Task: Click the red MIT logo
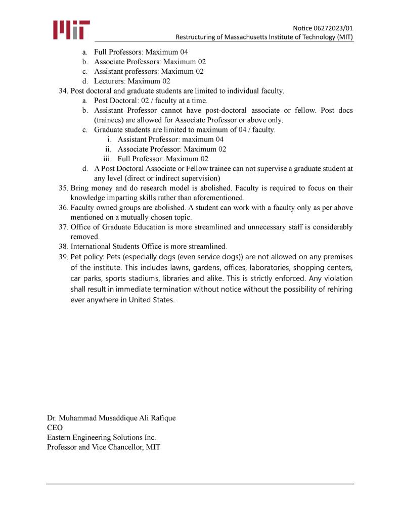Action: point(71,30)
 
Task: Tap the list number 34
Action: point(63,91)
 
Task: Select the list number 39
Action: point(63,257)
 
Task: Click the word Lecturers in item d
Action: point(109,81)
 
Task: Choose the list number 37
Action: point(63,227)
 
